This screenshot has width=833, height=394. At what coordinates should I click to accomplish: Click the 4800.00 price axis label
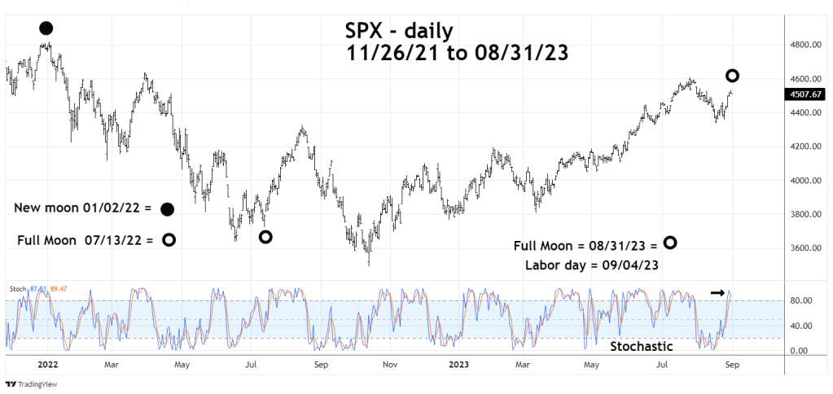click(x=803, y=45)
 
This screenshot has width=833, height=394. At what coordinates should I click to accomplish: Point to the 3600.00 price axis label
click(x=803, y=248)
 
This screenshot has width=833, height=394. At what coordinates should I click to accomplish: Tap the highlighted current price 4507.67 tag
click(x=804, y=94)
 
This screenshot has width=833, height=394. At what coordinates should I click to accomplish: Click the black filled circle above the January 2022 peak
click(x=46, y=28)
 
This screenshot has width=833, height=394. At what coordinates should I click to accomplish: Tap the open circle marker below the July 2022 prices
click(x=265, y=237)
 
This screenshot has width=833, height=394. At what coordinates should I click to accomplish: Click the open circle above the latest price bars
click(x=732, y=76)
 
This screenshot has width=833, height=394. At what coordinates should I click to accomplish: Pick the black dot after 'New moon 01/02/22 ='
click(x=167, y=209)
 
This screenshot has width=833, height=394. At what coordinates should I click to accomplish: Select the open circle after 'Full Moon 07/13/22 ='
click(x=169, y=240)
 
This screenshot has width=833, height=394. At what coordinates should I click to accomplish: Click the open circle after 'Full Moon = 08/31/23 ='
click(x=669, y=243)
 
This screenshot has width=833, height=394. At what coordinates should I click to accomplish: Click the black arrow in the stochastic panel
click(x=717, y=292)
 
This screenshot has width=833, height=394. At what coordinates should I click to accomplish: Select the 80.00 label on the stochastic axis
click(x=800, y=300)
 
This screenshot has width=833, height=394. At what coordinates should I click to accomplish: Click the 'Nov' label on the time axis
click(x=389, y=366)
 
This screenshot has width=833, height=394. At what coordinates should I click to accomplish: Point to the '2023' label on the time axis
click(x=458, y=366)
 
